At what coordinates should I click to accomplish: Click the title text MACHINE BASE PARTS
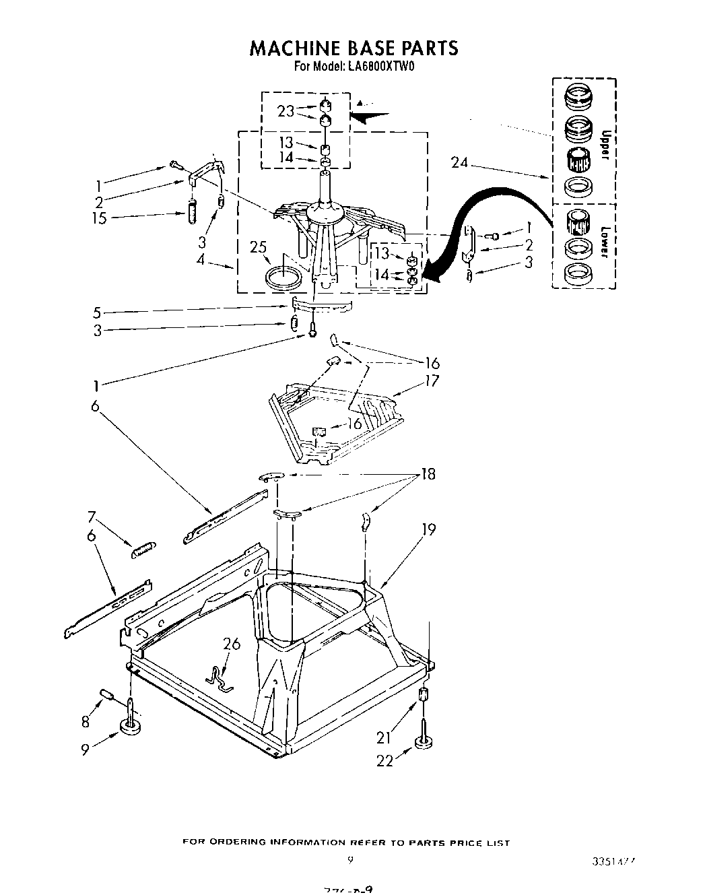pos(354,48)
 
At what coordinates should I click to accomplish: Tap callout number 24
pos(459,162)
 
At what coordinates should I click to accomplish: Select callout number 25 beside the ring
pos(259,248)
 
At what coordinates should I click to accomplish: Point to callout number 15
pos(100,218)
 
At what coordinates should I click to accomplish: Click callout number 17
pos(431,381)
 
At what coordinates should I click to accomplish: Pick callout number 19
pos(429,530)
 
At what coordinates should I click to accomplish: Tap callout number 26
pos(231,644)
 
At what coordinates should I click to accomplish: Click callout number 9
pos(86,748)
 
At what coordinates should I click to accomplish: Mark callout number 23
pos(286,111)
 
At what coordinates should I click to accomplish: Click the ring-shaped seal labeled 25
pos(283,276)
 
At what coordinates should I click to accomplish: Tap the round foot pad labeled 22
pos(422,743)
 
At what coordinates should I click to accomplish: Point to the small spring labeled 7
pos(143,549)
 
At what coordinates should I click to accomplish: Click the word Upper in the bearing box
pos(604,145)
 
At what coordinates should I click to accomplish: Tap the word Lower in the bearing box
pos(604,241)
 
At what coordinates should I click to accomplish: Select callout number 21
pos(383,737)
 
